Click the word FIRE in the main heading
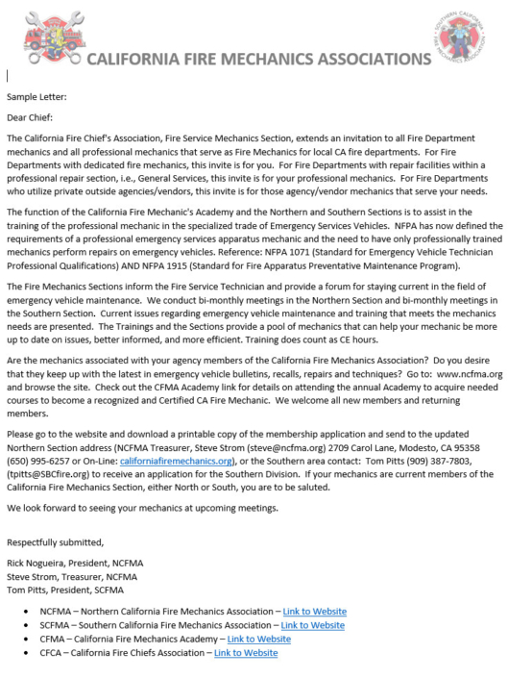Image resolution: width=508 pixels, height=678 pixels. point(209,59)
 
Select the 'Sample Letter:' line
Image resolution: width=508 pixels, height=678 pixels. point(36,97)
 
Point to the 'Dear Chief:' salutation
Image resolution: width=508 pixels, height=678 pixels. point(31,119)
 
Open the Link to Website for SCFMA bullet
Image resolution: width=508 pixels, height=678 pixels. point(312,625)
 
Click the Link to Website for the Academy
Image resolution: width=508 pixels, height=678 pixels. point(258,639)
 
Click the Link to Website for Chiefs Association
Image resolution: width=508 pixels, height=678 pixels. point(246,653)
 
